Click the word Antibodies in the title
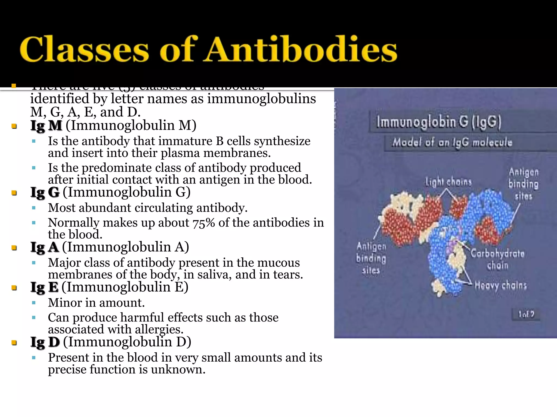(301, 49)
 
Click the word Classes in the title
(84, 49)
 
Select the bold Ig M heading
(46, 126)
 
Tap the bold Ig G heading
(45, 192)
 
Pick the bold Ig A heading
(45, 247)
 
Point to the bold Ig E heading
(44, 288)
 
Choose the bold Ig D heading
(45, 342)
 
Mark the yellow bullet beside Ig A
(14, 248)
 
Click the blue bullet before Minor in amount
(34, 303)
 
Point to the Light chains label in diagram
(448, 182)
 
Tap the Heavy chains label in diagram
(501, 286)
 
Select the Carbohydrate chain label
(497, 259)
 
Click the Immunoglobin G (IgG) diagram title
(438, 122)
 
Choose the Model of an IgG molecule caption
(452, 142)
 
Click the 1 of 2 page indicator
(526, 314)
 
